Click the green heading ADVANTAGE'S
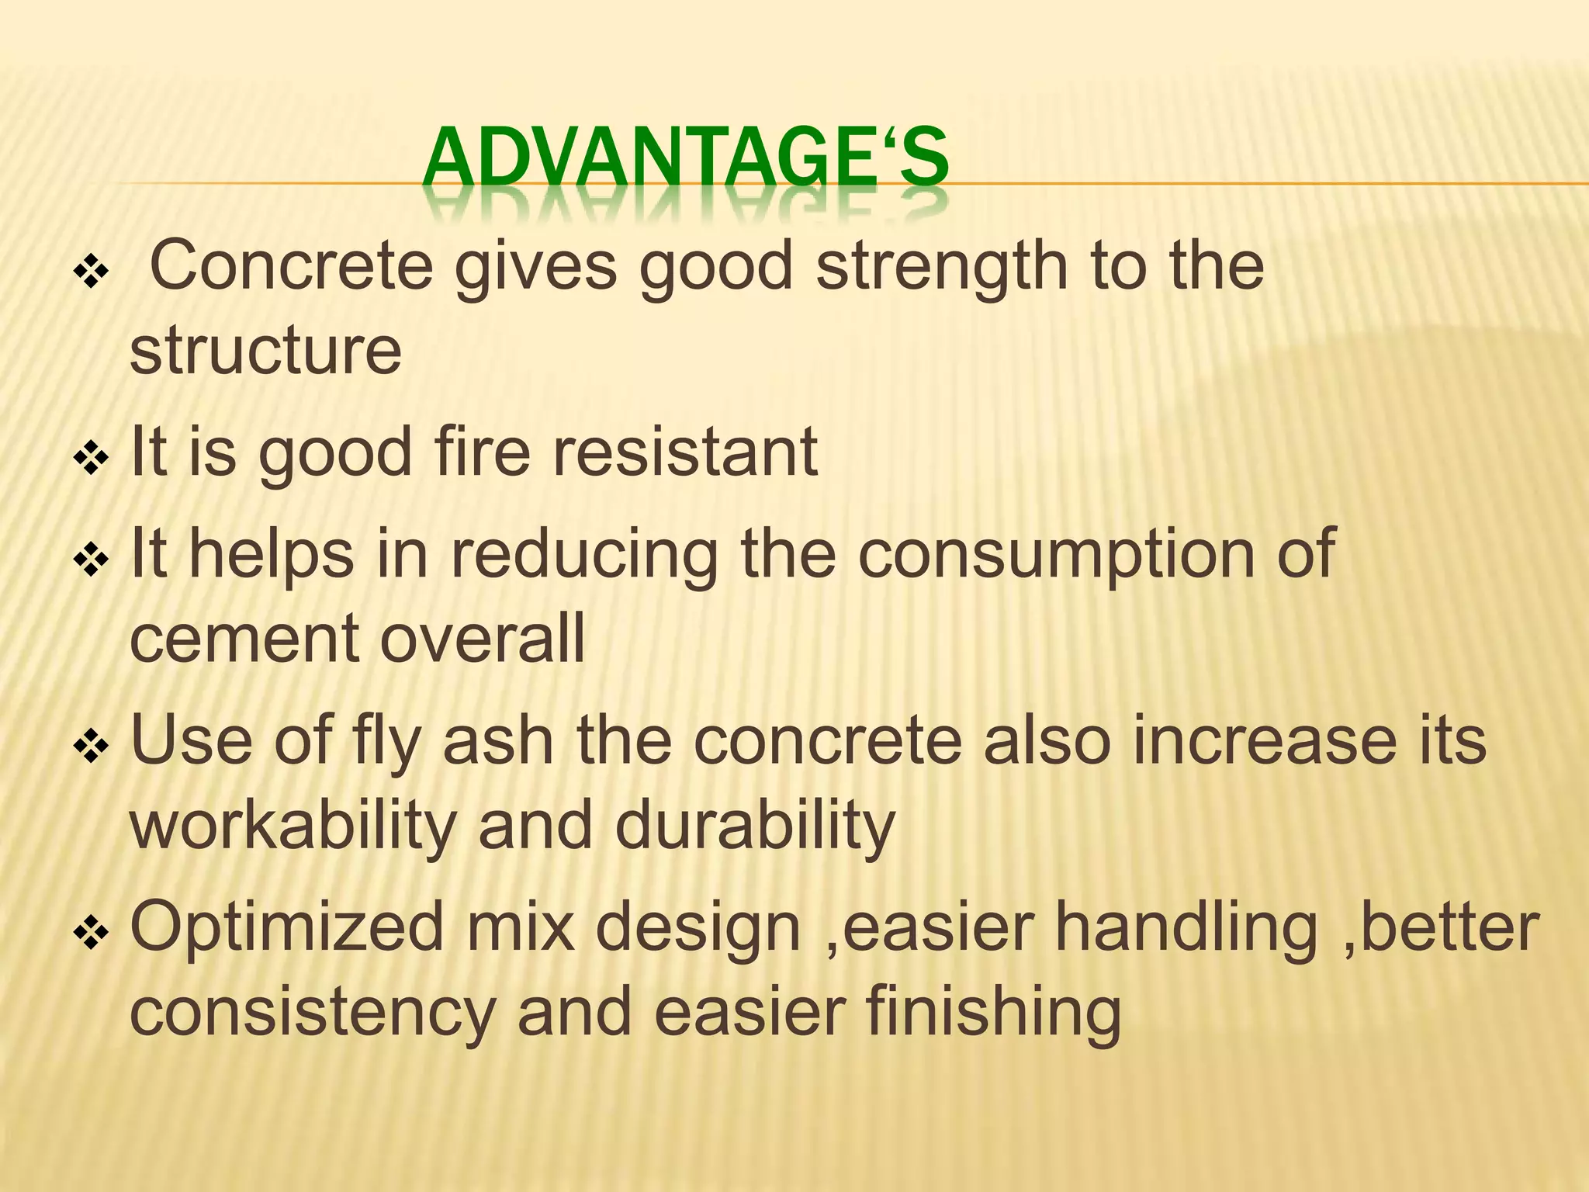(686, 160)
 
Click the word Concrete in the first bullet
(291, 266)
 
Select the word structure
(265, 351)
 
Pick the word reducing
(583, 554)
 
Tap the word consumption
(1055, 554)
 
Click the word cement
(244, 638)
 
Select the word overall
(482, 638)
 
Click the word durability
(755, 826)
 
